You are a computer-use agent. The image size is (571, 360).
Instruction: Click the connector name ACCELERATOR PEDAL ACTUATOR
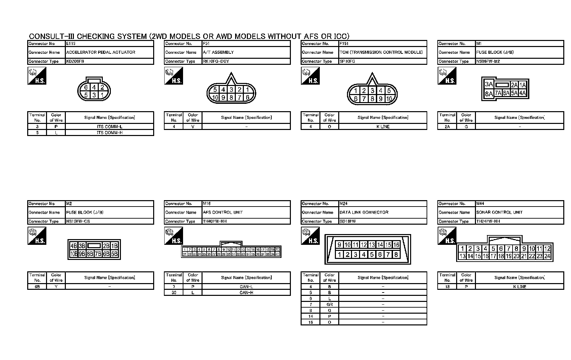coord(101,52)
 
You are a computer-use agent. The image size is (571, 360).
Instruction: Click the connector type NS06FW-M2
coord(488,61)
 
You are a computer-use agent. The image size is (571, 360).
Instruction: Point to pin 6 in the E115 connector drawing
coord(86,88)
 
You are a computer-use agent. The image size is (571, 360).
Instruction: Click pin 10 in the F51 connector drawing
coord(215,98)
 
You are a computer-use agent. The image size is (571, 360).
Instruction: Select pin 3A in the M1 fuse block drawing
coord(489,85)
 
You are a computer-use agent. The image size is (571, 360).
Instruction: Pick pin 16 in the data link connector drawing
coord(396,245)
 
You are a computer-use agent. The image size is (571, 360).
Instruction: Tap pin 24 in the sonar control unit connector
coord(547,256)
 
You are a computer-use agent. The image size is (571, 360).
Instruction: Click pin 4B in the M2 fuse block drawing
coord(74,246)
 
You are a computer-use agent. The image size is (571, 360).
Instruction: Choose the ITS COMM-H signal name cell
coord(109,133)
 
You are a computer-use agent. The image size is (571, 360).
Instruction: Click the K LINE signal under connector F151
coord(383,127)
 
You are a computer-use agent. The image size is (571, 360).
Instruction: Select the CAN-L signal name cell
coord(246,287)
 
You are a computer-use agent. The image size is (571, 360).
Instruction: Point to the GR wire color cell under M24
coord(330,305)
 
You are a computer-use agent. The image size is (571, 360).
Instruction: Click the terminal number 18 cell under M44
coord(447,287)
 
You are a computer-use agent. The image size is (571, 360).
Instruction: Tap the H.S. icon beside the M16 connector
coord(174,236)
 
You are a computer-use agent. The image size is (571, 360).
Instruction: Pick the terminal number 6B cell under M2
coord(37,287)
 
